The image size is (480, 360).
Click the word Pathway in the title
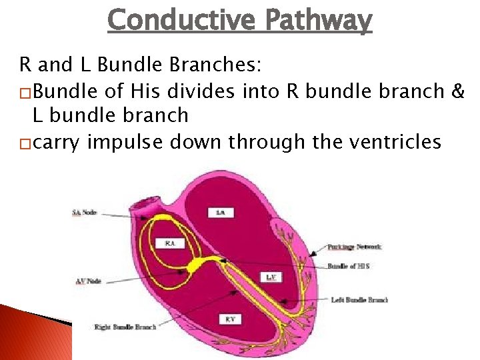click(318, 20)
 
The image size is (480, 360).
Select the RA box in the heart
click(170, 244)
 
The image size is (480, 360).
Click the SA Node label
click(84, 213)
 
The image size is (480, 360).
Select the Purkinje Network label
click(355, 247)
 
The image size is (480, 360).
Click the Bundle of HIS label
click(348, 266)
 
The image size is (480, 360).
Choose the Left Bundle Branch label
click(359, 300)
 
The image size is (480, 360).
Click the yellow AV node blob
click(197, 264)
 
